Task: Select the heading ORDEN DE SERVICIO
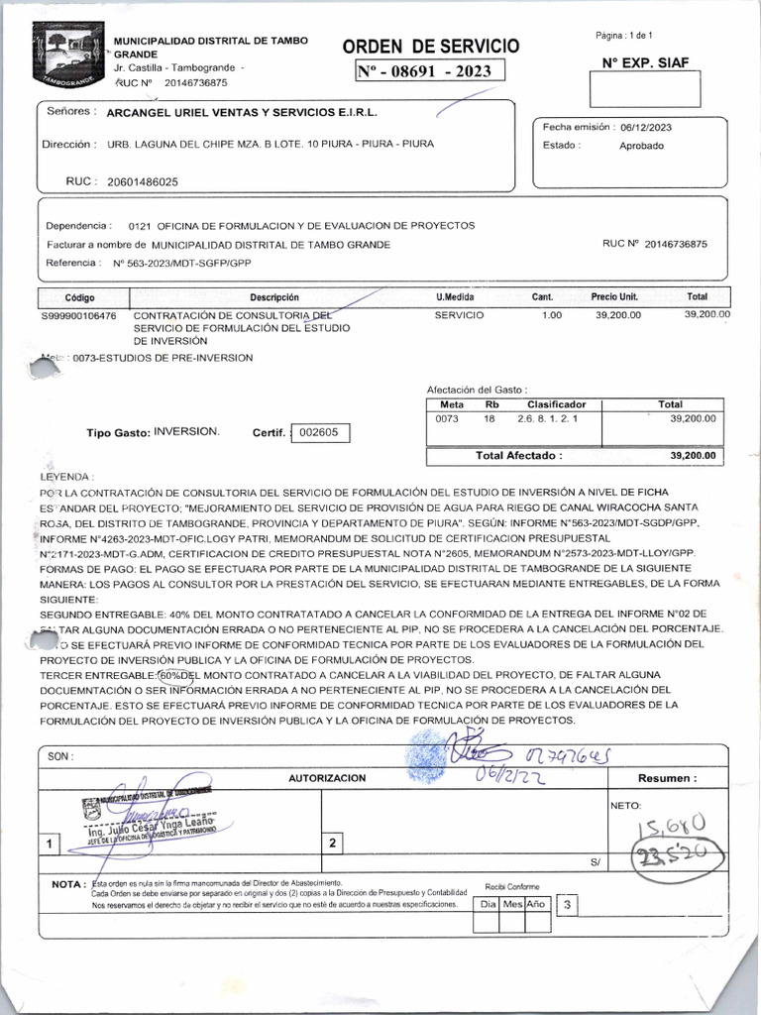(x=430, y=47)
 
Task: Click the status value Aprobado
(x=642, y=146)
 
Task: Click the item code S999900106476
(x=78, y=315)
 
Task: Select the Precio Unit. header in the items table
(x=614, y=297)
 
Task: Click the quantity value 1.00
(x=551, y=315)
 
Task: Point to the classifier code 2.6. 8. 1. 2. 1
(x=546, y=419)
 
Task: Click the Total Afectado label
(x=518, y=456)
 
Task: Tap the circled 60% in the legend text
(x=177, y=674)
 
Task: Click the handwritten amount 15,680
(x=674, y=825)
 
